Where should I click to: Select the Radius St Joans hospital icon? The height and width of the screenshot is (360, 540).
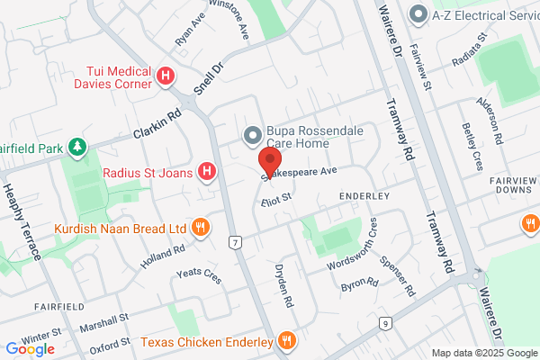pos(207,170)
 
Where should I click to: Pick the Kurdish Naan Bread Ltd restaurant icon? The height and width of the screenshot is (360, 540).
pos(202,228)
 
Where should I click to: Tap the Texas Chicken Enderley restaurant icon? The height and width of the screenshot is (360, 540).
pos(287,343)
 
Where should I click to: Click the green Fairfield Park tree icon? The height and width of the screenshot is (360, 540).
pos(79,145)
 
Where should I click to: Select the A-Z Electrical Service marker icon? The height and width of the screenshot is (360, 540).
pos(417,14)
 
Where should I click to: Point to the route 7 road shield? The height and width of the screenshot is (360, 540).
pos(236,243)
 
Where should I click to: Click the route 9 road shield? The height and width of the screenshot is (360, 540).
pos(385,323)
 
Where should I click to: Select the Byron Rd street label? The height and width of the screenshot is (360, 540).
pos(358,286)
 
